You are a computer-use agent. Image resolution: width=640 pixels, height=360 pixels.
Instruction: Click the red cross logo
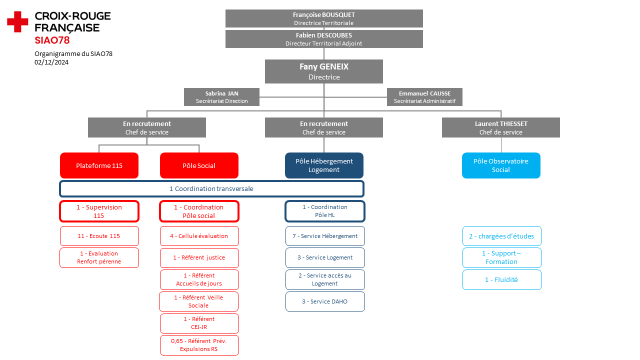(x=17, y=21)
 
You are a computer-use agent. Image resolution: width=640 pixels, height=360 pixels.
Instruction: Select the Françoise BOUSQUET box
(x=324, y=18)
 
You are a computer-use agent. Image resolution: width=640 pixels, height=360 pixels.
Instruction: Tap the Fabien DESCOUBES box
(x=324, y=39)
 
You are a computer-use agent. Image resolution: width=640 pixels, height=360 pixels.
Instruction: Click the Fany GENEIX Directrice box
(x=324, y=71)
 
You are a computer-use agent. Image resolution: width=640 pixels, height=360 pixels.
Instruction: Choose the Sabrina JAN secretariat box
(x=221, y=97)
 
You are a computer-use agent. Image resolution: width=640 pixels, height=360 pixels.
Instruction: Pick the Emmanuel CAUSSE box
(x=424, y=97)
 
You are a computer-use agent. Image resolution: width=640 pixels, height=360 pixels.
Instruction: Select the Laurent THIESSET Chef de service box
(x=501, y=127)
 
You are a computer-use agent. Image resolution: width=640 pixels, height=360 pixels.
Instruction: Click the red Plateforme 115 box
(x=99, y=165)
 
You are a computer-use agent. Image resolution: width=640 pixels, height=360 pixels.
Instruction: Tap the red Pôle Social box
(x=199, y=165)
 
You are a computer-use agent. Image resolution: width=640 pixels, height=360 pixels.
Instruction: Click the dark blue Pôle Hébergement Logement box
(x=324, y=165)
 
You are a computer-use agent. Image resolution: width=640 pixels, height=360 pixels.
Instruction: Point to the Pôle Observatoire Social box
(x=501, y=165)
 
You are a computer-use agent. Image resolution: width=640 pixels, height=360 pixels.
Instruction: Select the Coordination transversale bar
(x=211, y=189)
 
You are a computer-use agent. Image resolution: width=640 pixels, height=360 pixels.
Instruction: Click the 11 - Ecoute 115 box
(x=99, y=236)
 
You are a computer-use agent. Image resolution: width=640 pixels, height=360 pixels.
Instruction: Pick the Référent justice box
(x=199, y=257)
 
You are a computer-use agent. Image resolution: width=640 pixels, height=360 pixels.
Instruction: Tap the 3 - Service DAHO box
(x=325, y=301)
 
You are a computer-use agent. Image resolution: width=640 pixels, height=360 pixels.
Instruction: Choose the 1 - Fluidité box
(x=502, y=279)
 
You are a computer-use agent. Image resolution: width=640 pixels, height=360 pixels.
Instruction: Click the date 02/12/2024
(x=51, y=62)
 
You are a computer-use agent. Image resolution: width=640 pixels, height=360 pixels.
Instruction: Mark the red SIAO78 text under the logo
(x=52, y=40)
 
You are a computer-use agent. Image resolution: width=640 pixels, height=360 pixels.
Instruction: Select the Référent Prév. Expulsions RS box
(x=199, y=345)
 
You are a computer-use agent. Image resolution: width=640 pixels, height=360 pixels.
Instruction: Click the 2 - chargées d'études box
(x=502, y=236)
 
